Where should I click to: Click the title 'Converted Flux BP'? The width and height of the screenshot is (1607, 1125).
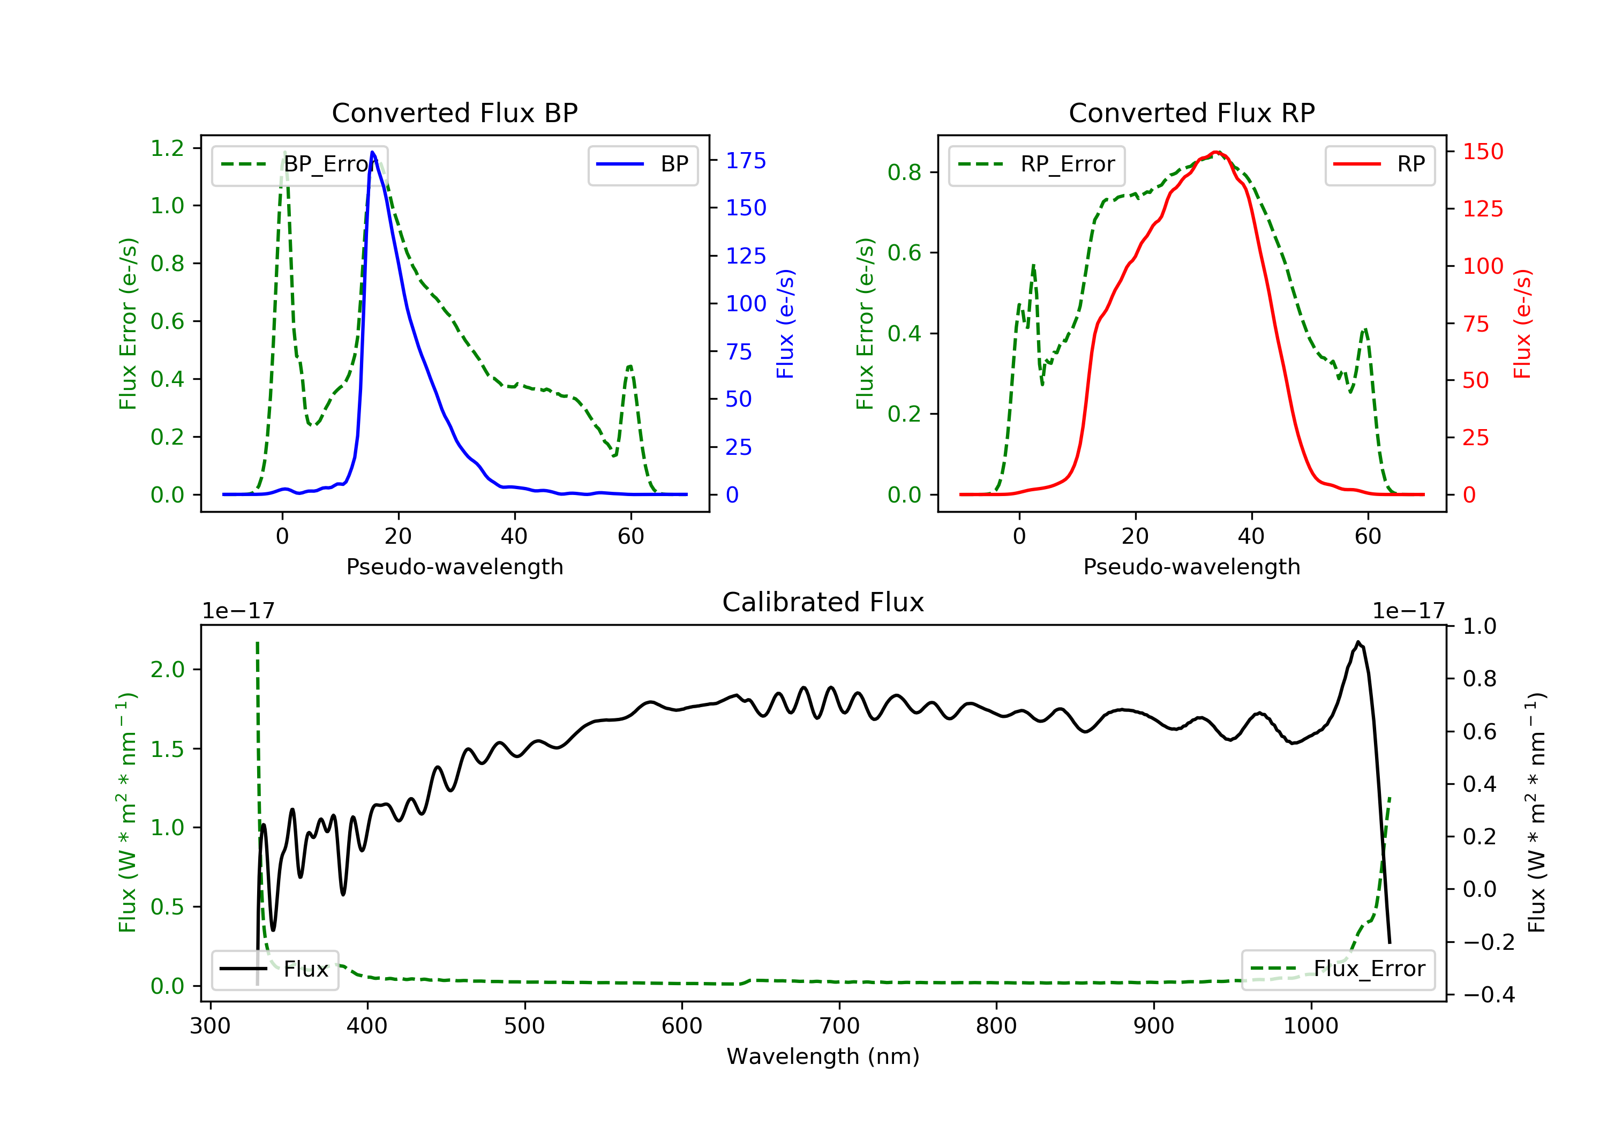click(x=454, y=112)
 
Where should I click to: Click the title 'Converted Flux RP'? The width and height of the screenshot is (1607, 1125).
click(x=1191, y=112)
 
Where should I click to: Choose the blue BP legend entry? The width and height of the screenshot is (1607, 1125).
click(x=642, y=164)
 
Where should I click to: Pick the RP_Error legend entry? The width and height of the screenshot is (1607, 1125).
click(x=1037, y=164)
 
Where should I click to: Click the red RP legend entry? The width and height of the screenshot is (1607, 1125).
click(x=1379, y=164)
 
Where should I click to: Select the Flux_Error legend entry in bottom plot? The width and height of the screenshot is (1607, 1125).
click(x=1338, y=969)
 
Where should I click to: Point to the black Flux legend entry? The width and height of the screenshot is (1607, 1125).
click(x=275, y=969)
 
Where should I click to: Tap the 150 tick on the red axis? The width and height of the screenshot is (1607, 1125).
click(x=1482, y=151)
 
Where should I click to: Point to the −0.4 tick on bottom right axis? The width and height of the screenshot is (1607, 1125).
click(x=1488, y=994)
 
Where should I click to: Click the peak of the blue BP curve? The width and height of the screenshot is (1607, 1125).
click(x=372, y=152)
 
